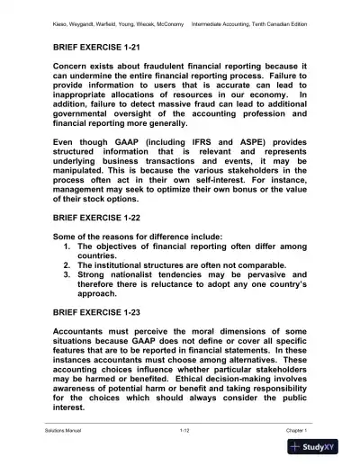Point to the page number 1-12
coord(180,432)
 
